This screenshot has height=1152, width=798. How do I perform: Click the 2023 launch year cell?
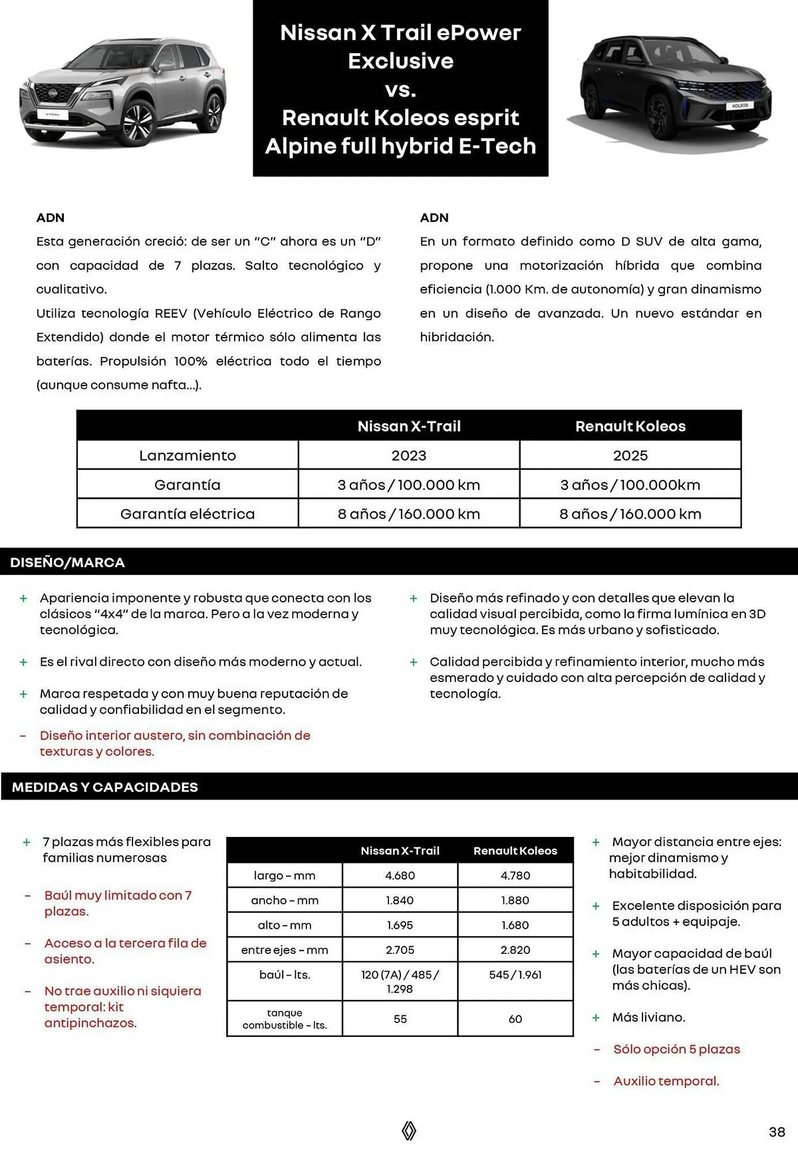(409, 456)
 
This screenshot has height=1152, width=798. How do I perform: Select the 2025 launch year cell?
(630, 456)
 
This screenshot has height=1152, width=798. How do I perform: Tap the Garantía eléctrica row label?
(187, 514)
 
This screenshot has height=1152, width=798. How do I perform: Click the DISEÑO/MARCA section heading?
(67, 562)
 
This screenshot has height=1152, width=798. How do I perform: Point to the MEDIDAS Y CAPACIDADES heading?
(105, 787)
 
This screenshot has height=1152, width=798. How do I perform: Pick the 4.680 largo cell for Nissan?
(400, 876)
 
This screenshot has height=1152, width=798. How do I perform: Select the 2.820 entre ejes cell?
(515, 950)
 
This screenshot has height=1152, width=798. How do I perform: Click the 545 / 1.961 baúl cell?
(515, 975)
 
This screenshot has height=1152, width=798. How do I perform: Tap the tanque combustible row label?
(285, 1019)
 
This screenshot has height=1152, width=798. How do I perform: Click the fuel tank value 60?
(515, 1019)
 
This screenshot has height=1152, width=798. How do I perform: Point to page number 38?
(777, 1132)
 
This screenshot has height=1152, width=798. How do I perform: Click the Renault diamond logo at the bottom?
(409, 1131)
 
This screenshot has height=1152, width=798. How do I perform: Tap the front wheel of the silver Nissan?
(139, 122)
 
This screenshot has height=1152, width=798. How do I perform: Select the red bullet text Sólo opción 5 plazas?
(676, 1049)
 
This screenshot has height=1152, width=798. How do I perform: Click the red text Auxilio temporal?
(666, 1081)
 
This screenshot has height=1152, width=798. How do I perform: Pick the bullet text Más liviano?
(649, 1017)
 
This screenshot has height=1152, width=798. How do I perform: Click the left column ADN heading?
(50, 218)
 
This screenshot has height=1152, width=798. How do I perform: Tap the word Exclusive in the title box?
(400, 61)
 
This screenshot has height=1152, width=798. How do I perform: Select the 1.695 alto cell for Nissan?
(400, 925)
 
